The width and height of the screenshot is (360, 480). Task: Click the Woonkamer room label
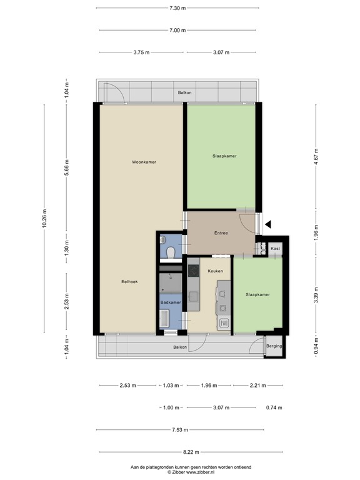click(144, 162)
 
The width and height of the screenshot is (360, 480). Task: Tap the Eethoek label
click(129, 282)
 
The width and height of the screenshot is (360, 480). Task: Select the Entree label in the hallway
click(221, 233)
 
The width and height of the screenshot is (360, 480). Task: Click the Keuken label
click(215, 271)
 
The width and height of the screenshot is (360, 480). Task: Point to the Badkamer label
click(170, 302)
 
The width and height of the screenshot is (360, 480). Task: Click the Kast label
click(275, 249)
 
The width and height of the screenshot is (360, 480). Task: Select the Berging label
click(274, 346)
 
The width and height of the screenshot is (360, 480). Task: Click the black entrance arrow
click(268, 223)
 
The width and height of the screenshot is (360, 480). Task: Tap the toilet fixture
click(171, 251)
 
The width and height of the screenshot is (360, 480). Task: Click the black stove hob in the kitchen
click(192, 271)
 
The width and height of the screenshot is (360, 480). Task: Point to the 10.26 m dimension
click(44, 217)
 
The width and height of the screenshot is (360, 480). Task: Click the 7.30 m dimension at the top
click(177, 8)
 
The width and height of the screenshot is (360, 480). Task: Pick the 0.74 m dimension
click(273, 407)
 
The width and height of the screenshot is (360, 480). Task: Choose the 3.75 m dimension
click(141, 52)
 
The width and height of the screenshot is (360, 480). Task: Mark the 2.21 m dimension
click(257, 385)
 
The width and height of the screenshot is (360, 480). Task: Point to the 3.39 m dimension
click(316, 294)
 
